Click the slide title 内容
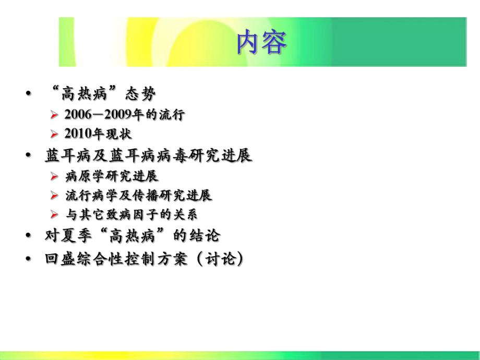261,43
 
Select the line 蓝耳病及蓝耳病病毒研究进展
149,155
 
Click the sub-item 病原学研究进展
112,176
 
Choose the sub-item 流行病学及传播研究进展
139,196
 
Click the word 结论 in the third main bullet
206,236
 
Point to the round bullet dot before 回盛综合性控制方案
28,259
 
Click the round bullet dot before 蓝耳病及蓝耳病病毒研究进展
28,155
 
